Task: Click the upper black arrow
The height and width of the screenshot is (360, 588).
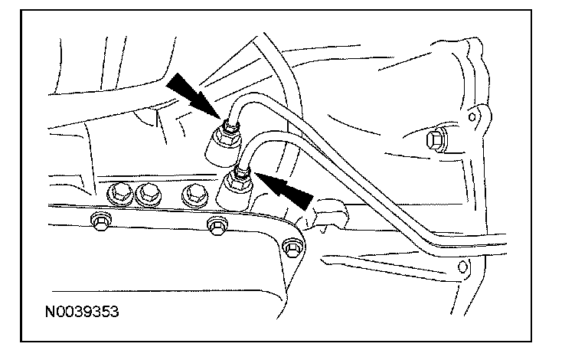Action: click(191, 91)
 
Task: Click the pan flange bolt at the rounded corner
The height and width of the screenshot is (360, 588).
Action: click(289, 249)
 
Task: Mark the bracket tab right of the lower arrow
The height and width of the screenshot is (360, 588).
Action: click(325, 211)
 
